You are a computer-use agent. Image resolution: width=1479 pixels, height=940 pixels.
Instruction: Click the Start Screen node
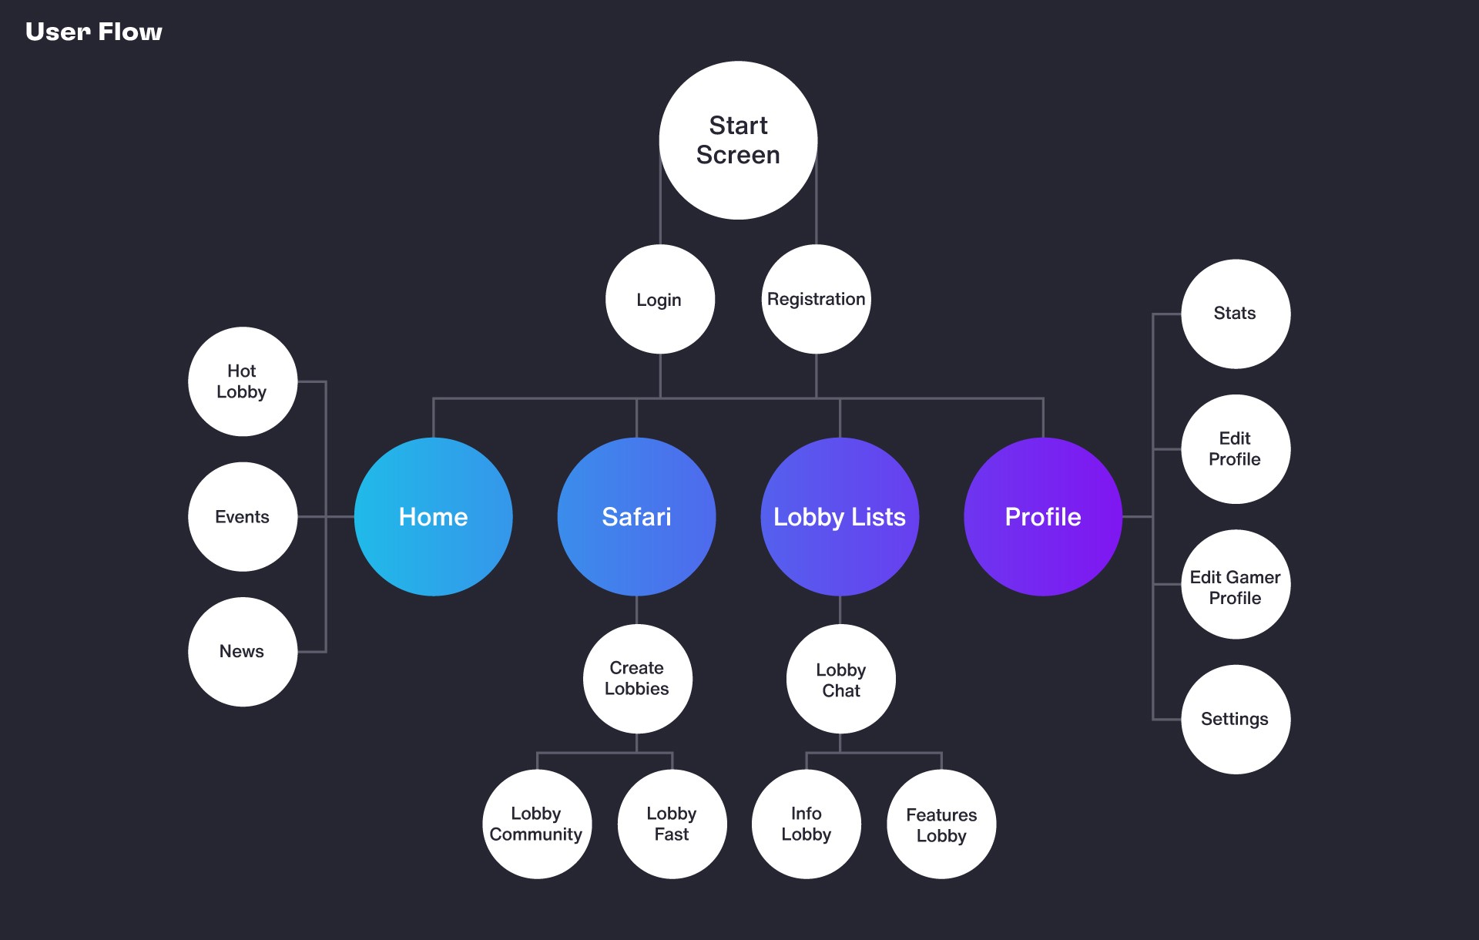[738, 140]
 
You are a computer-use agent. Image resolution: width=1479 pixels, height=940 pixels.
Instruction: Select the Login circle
[660, 299]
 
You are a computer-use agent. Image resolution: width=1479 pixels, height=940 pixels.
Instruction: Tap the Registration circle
[817, 299]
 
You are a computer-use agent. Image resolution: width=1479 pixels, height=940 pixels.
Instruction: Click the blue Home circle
[434, 516]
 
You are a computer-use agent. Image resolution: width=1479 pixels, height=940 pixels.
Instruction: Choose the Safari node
[637, 516]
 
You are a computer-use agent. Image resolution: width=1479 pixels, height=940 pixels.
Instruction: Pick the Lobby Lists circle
[840, 516]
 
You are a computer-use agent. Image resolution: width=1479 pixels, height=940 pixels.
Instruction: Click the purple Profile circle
[1043, 516]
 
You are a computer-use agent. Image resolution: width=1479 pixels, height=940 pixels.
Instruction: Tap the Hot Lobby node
[243, 381]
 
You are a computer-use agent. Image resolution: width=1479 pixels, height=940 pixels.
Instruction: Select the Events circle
[243, 516]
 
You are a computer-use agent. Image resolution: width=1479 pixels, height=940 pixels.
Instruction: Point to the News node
[243, 652]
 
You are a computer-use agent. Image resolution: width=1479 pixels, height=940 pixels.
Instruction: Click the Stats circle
[1236, 314]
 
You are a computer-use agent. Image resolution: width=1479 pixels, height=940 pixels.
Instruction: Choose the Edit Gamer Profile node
[1236, 584]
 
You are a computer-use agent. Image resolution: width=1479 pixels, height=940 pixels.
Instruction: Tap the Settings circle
[1236, 720]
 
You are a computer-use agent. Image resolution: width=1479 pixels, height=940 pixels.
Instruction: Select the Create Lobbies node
[638, 679]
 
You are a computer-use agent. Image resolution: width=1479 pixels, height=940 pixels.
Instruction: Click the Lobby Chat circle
[841, 679]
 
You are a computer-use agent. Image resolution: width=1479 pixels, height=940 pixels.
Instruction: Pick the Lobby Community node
[537, 824]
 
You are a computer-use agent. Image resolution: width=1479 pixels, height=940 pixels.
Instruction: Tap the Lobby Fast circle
[672, 824]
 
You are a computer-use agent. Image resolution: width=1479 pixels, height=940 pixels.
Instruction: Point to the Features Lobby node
[941, 824]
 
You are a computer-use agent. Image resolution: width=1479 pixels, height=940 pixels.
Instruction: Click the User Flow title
[94, 32]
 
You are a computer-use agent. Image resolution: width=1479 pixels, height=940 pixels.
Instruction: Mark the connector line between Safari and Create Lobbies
[637, 610]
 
